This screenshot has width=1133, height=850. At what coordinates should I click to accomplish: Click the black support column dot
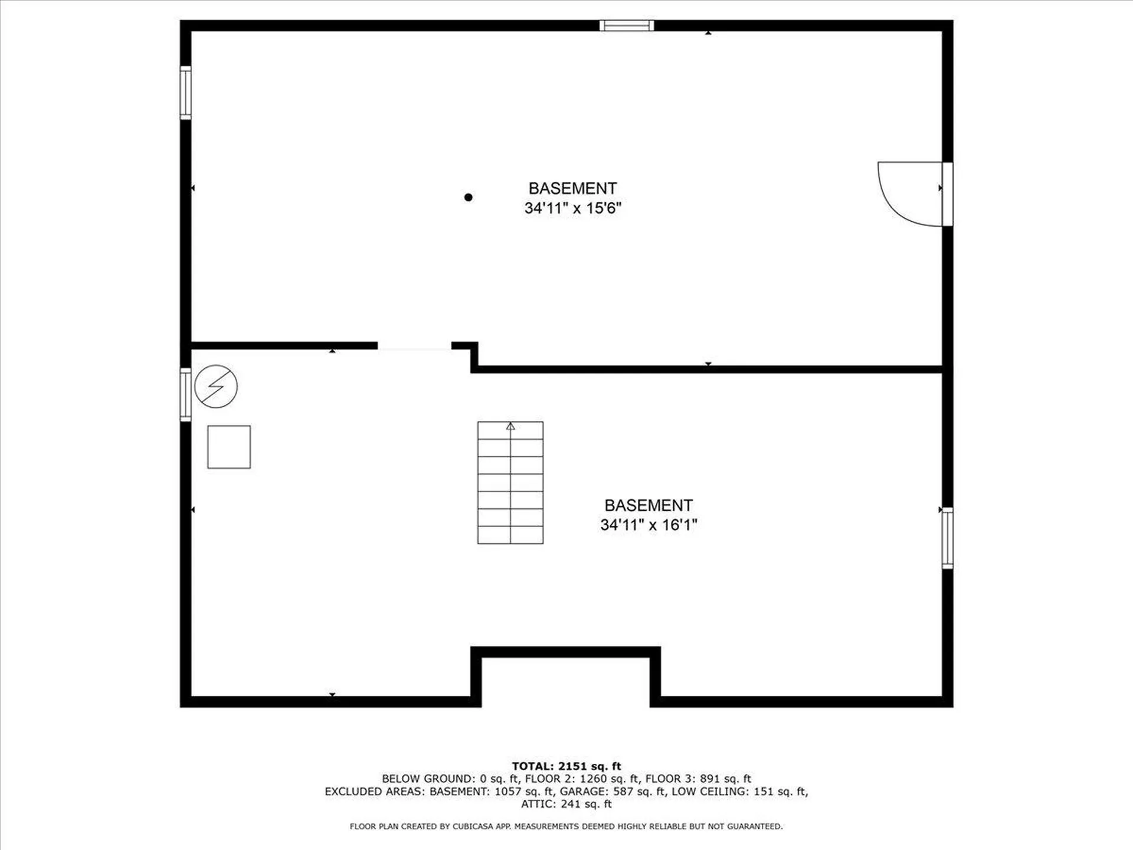(x=468, y=197)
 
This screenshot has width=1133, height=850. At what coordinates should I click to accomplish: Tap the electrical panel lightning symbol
(x=216, y=387)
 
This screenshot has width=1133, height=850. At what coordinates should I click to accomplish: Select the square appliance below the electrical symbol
(x=229, y=447)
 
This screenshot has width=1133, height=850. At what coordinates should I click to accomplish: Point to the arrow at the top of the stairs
(x=510, y=426)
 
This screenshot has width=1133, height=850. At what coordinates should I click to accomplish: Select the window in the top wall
(x=627, y=25)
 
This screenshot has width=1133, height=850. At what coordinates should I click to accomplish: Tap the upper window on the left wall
(x=185, y=93)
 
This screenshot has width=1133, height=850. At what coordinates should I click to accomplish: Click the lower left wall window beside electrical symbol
(x=185, y=394)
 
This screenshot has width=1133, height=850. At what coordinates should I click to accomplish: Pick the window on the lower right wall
(x=947, y=538)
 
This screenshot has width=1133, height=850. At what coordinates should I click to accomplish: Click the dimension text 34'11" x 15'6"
(x=572, y=208)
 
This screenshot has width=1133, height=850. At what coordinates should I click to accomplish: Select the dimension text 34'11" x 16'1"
(x=649, y=525)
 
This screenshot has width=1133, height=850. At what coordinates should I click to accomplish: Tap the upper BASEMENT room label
(x=572, y=188)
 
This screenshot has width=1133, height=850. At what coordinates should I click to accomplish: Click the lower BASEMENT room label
(x=649, y=505)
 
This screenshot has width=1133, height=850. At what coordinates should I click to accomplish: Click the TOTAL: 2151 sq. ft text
(x=566, y=766)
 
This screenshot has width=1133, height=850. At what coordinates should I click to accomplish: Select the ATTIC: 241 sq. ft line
(x=566, y=804)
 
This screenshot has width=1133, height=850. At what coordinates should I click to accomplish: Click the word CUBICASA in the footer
(x=473, y=826)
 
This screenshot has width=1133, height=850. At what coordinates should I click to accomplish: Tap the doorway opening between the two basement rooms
(x=414, y=346)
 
